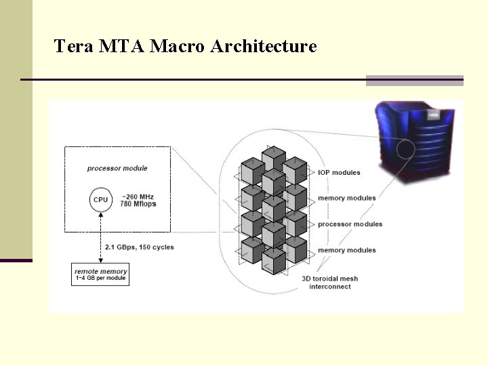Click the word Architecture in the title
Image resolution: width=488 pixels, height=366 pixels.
point(263,47)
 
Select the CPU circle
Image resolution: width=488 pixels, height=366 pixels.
point(100,200)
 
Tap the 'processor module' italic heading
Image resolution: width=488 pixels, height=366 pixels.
point(117,168)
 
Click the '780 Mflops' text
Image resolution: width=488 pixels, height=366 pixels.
point(138,204)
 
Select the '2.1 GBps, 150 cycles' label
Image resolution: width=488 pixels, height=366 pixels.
point(139,247)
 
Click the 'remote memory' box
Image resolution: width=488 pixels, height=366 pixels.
point(100,274)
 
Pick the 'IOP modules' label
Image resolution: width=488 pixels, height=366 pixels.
point(339,173)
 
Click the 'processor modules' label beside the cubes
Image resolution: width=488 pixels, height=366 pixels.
point(350,224)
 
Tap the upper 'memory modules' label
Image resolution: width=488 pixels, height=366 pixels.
point(346,198)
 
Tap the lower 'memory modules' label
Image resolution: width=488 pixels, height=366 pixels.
point(346,250)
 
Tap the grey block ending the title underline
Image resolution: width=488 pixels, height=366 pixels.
point(414,80)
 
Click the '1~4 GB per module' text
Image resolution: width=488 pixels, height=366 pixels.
point(100,279)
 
